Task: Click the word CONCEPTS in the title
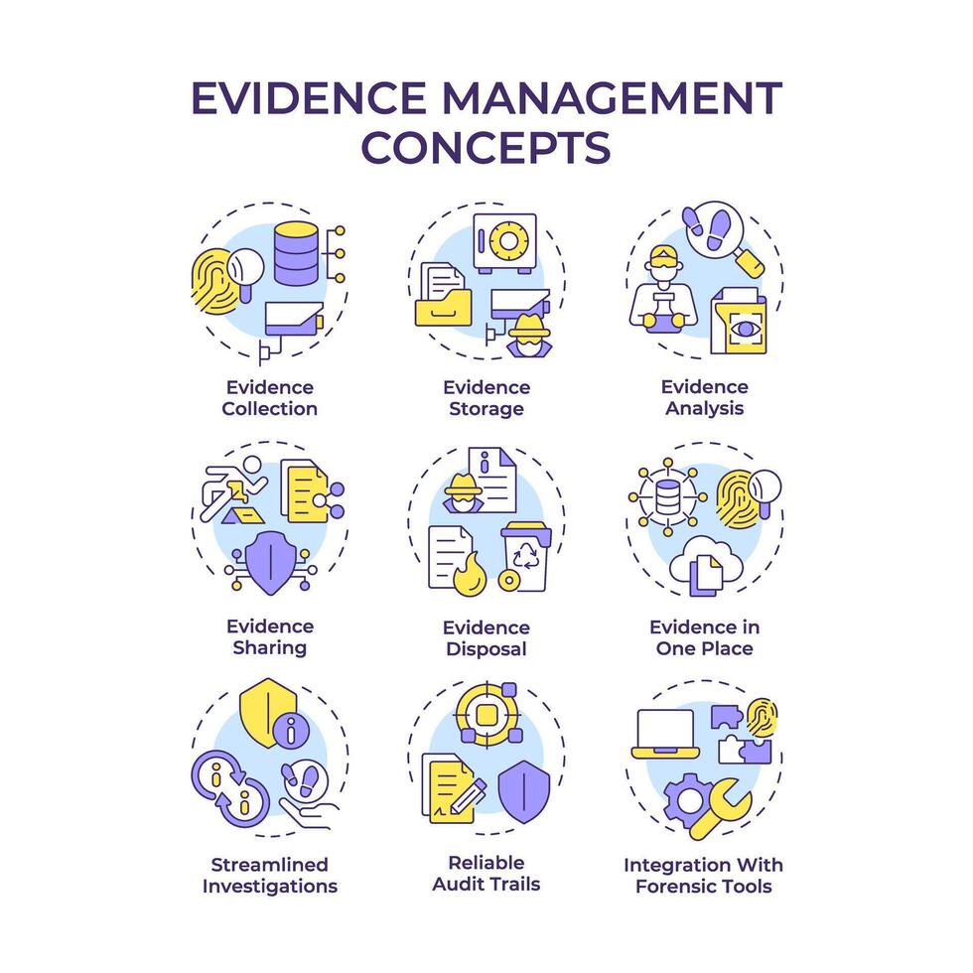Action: coord(486,146)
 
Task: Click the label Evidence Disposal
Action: coord(486,638)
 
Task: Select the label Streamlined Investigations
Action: coord(269,875)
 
